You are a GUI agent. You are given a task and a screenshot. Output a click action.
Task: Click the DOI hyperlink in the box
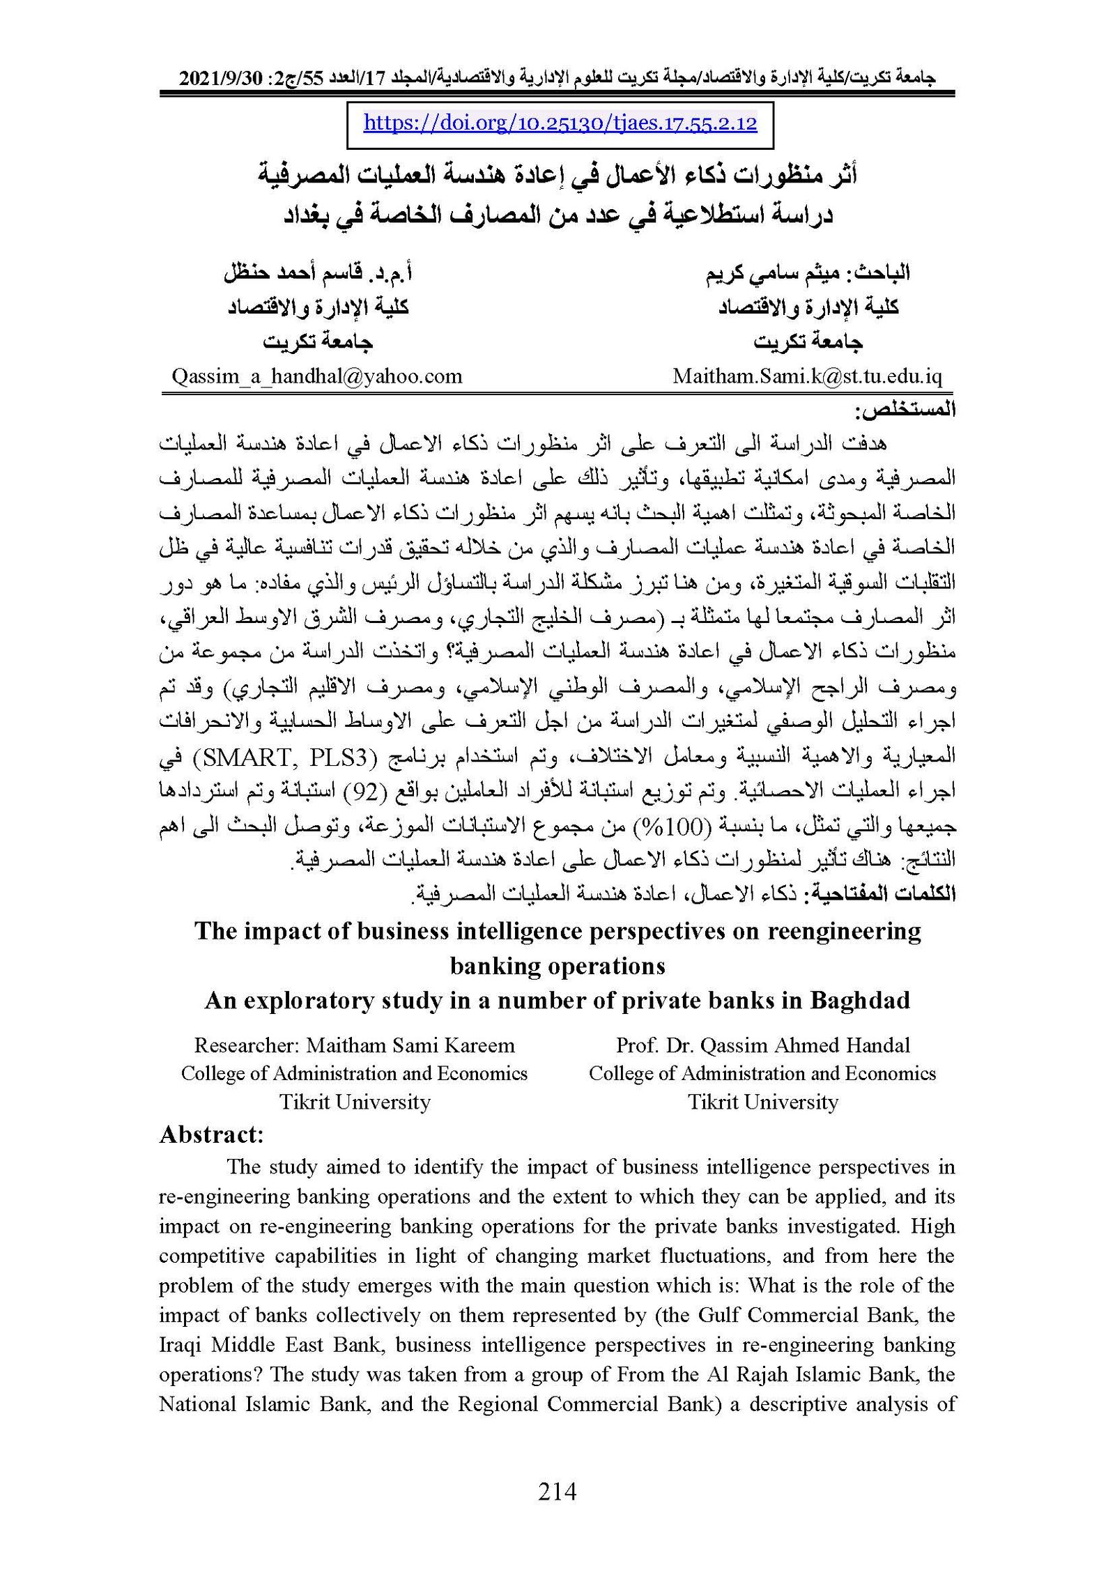(x=560, y=124)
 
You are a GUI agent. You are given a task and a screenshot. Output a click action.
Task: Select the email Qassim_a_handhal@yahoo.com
(x=317, y=377)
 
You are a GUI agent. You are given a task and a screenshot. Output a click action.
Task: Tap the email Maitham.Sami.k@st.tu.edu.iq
(x=807, y=377)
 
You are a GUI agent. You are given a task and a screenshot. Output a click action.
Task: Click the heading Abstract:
(x=211, y=1135)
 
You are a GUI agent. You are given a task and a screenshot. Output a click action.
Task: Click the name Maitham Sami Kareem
(x=410, y=1046)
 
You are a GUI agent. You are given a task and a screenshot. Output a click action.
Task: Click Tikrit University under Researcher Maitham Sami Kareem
(x=355, y=1102)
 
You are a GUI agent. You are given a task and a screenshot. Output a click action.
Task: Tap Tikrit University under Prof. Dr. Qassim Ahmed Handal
(x=762, y=1102)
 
